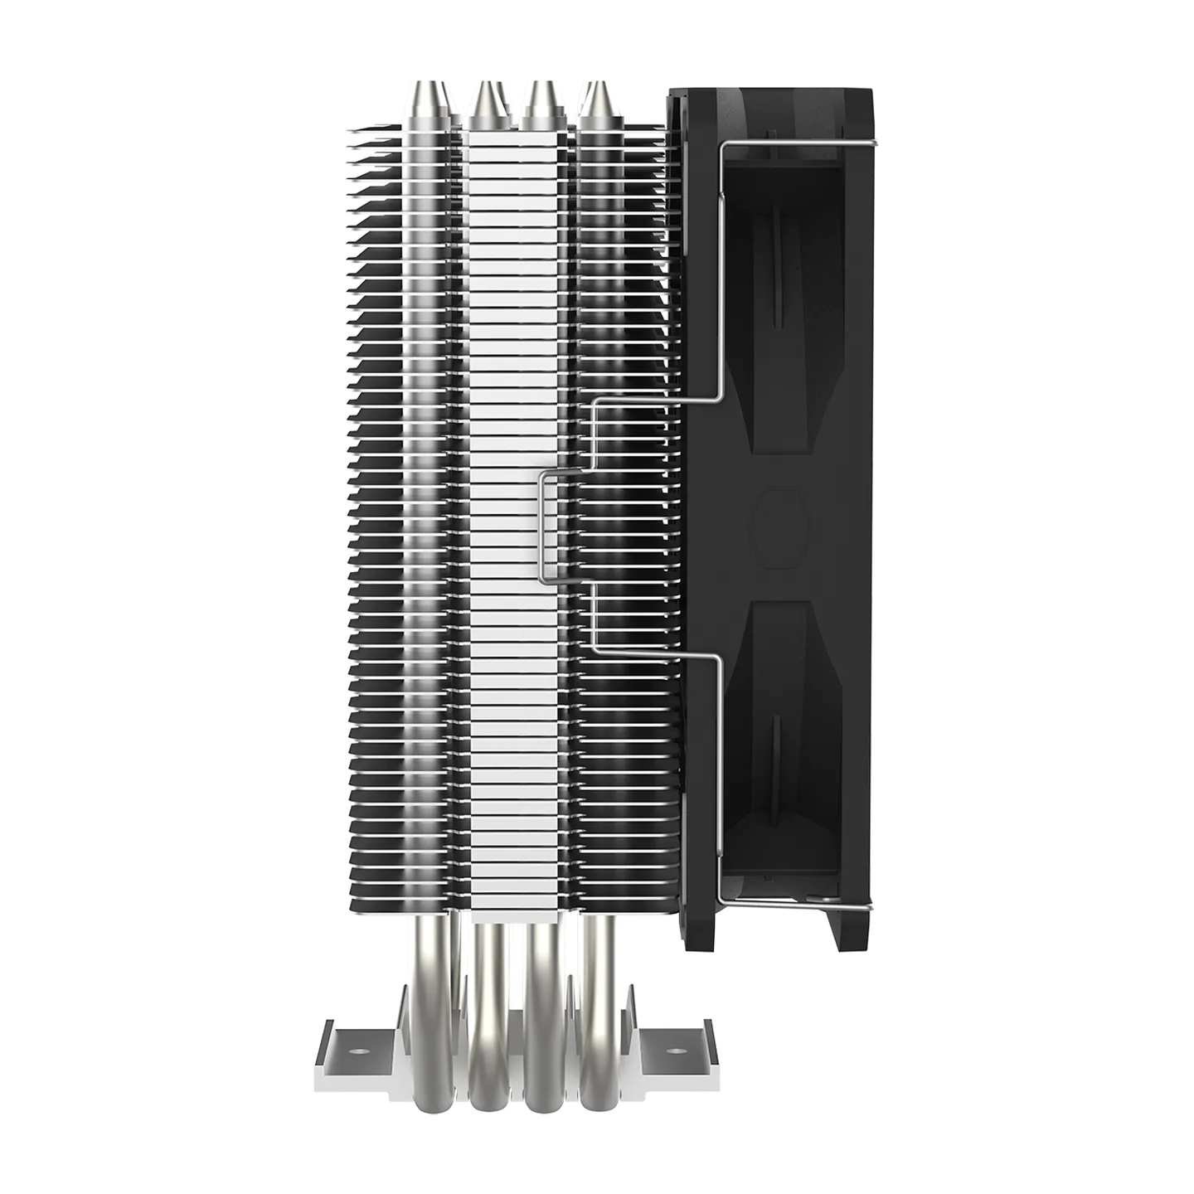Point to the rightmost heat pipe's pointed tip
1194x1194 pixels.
(595, 88)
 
